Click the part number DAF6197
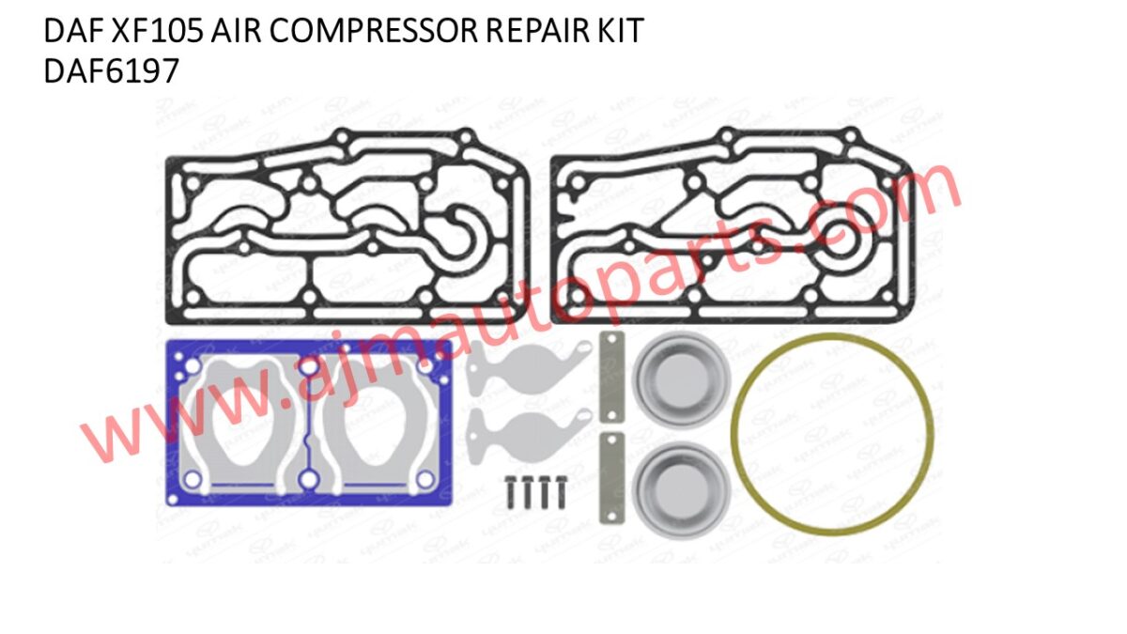pyautogui.click(x=111, y=71)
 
